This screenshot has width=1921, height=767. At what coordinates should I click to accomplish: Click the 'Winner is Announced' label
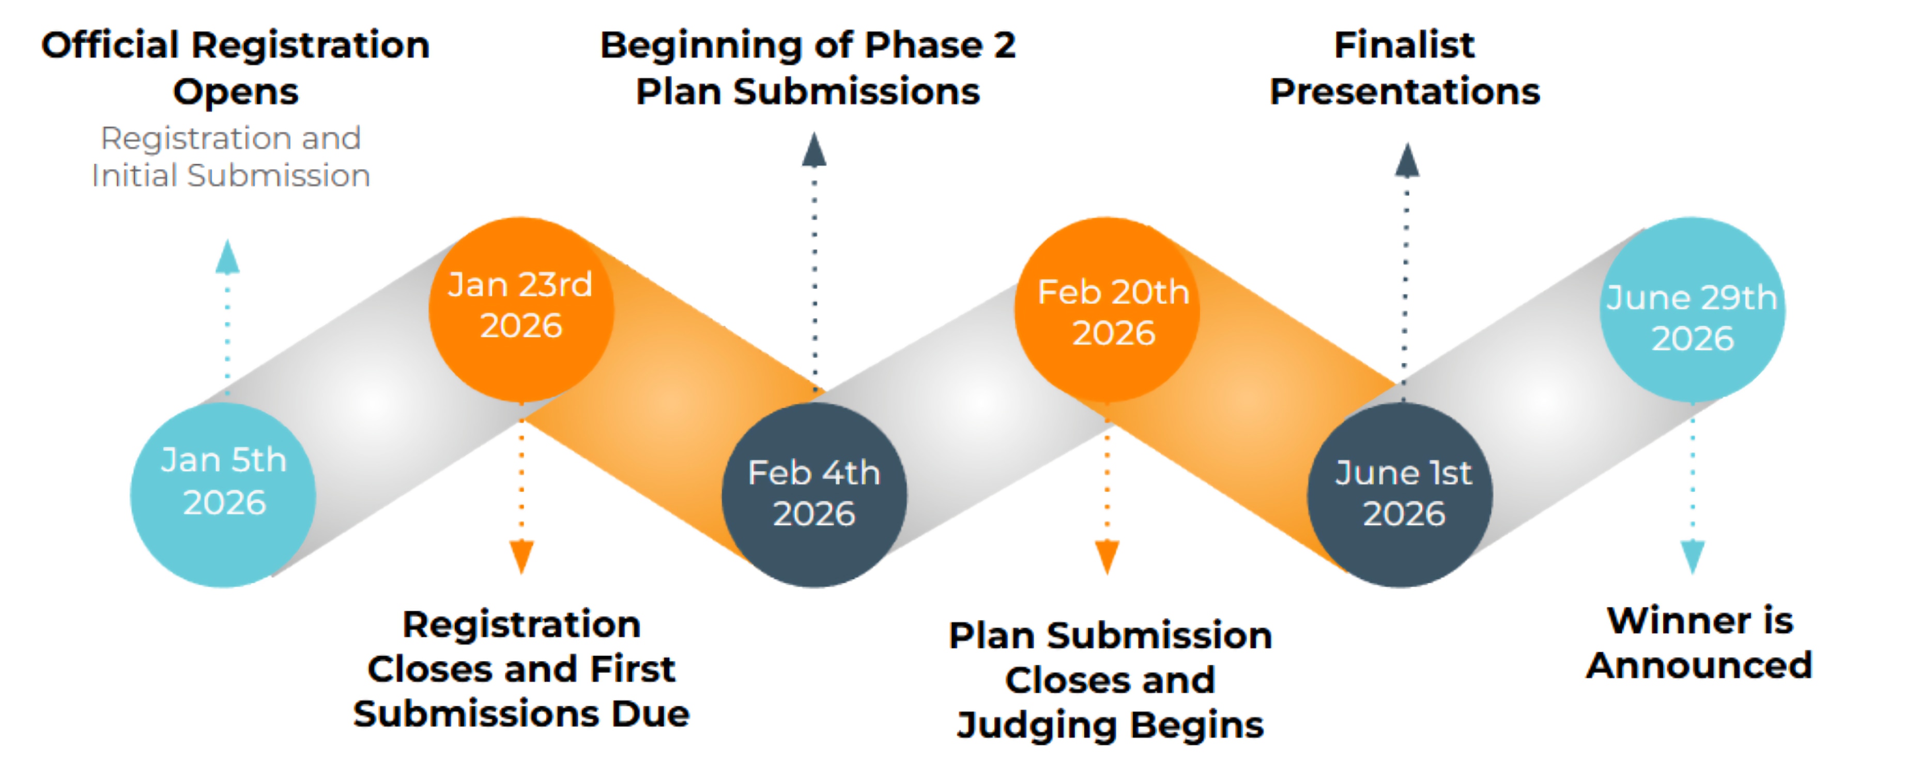(1699, 643)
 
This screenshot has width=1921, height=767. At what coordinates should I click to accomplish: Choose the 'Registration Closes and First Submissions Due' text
(521, 669)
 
